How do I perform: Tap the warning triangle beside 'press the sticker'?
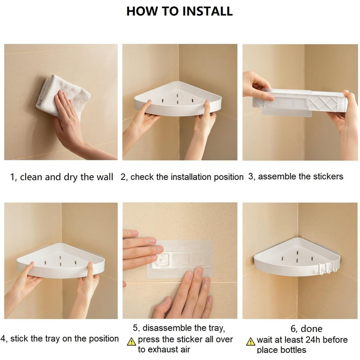(131, 341)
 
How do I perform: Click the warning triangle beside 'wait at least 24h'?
(251, 342)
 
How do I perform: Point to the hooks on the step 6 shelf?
(328, 267)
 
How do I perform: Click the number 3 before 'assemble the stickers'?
(250, 177)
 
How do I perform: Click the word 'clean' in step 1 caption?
(31, 177)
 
